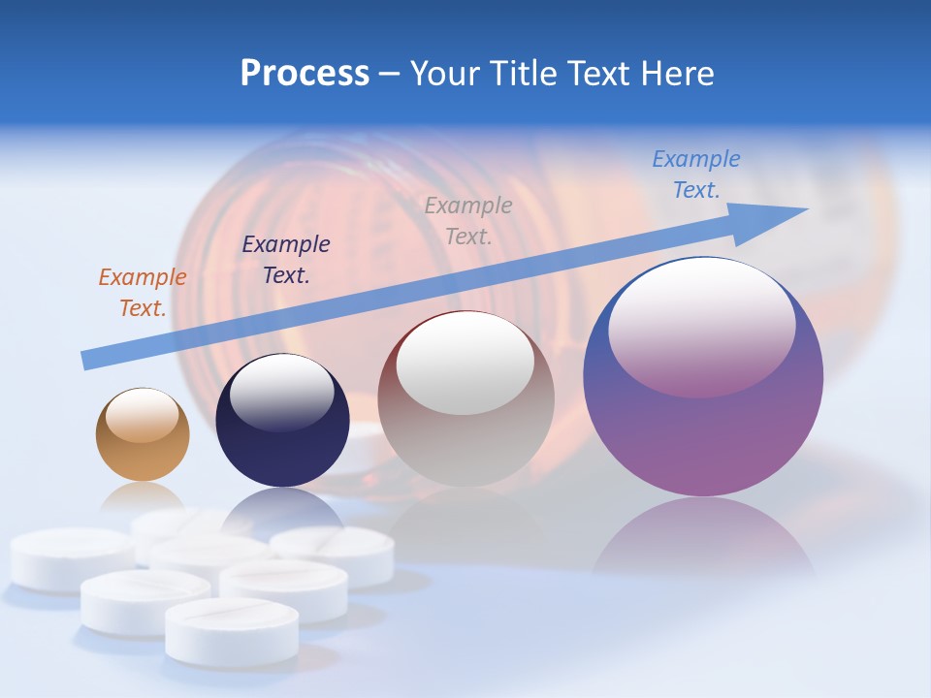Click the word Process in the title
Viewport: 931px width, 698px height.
click(305, 74)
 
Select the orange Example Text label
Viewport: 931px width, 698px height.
click(142, 293)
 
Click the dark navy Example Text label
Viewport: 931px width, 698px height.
click(285, 260)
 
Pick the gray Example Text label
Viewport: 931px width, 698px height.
click(468, 221)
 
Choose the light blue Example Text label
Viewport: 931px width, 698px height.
click(695, 174)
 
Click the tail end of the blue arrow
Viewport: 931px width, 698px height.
click(87, 360)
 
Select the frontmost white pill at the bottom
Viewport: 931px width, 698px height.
click(232, 630)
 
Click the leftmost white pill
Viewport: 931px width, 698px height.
click(68, 558)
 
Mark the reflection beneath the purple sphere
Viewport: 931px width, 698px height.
click(703, 538)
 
